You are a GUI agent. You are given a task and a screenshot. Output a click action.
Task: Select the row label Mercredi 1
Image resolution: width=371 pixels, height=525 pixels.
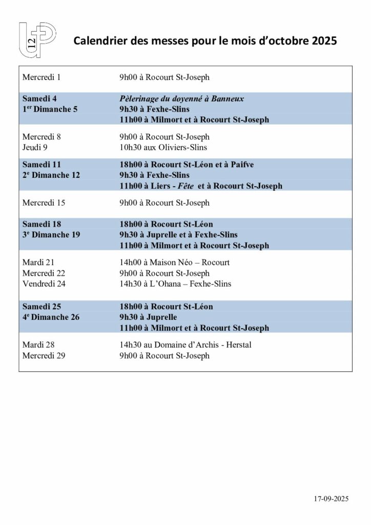point(42,78)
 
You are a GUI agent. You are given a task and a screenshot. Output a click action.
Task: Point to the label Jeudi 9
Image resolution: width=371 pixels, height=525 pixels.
point(35,148)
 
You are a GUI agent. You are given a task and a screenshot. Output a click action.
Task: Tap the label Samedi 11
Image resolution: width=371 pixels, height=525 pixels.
point(42,165)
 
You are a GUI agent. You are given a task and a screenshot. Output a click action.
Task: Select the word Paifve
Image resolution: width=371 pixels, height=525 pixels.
point(243,165)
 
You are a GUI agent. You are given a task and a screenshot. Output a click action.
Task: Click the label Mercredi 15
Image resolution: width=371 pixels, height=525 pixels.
point(44,203)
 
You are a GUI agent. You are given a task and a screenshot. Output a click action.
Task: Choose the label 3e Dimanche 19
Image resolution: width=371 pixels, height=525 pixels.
point(51,235)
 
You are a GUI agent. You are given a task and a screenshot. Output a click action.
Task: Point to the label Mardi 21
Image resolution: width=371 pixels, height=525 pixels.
point(38,262)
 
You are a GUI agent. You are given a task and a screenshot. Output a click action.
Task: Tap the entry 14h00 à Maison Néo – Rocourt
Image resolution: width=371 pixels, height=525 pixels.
point(174,262)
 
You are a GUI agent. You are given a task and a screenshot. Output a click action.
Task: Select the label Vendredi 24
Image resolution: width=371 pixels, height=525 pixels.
point(44,284)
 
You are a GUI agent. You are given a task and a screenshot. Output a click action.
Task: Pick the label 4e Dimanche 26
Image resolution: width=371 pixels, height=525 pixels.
point(51,317)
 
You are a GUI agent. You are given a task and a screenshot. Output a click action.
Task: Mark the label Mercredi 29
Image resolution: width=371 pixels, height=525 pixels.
point(44,355)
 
